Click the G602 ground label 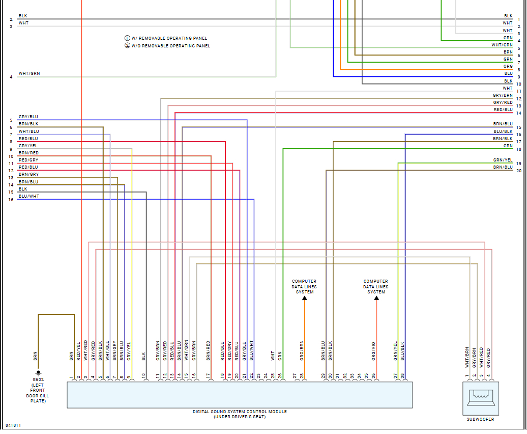(x=38, y=379)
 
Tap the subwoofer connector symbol (x=480, y=398)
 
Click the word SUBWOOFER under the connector (x=480, y=419)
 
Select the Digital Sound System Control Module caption (x=240, y=412)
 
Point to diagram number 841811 (x=13, y=425)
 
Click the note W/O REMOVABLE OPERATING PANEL (x=170, y=46)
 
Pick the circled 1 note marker (x=127, y=38)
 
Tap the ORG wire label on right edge (x=508, y=66)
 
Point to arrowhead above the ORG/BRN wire (x=305, y=299)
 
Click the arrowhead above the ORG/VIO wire (x=376, y=299)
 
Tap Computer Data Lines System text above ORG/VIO (x=376, y=286)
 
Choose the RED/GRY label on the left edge (x=28, y=160)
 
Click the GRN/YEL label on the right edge (x=503, y=160)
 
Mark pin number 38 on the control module (x=402, y=375)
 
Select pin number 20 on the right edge (x=518, y=171)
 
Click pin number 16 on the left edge (x=11, y=200)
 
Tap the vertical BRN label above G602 (x=35, y=356)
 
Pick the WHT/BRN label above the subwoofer (x=467, y=357)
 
